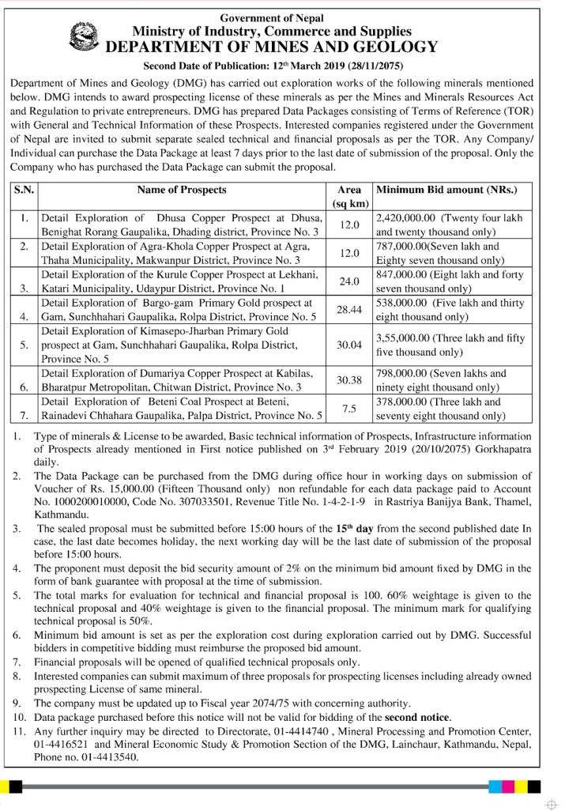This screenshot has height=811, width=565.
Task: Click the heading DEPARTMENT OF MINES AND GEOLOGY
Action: pyautogui.click(x=271, y=47)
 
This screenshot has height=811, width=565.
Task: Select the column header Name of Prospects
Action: pyautogui.click(x=182, y=190)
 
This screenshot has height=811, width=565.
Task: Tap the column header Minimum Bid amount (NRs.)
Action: pyautogui.click(x=446, y=190)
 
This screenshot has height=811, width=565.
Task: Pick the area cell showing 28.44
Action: pyautogui.click(x=348, y=309)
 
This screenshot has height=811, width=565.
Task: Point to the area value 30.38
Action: pyautogui.click(x=348, y=380)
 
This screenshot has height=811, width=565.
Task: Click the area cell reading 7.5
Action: pyautogui.click(x=348, y=408)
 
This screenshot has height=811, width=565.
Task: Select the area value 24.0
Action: pyautogui.click(x=348, y=281)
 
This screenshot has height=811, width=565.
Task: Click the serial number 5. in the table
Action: pyautogui.click(x=25, y=345)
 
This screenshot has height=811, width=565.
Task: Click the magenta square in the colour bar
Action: pyautogui.click(x=509, y=786)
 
